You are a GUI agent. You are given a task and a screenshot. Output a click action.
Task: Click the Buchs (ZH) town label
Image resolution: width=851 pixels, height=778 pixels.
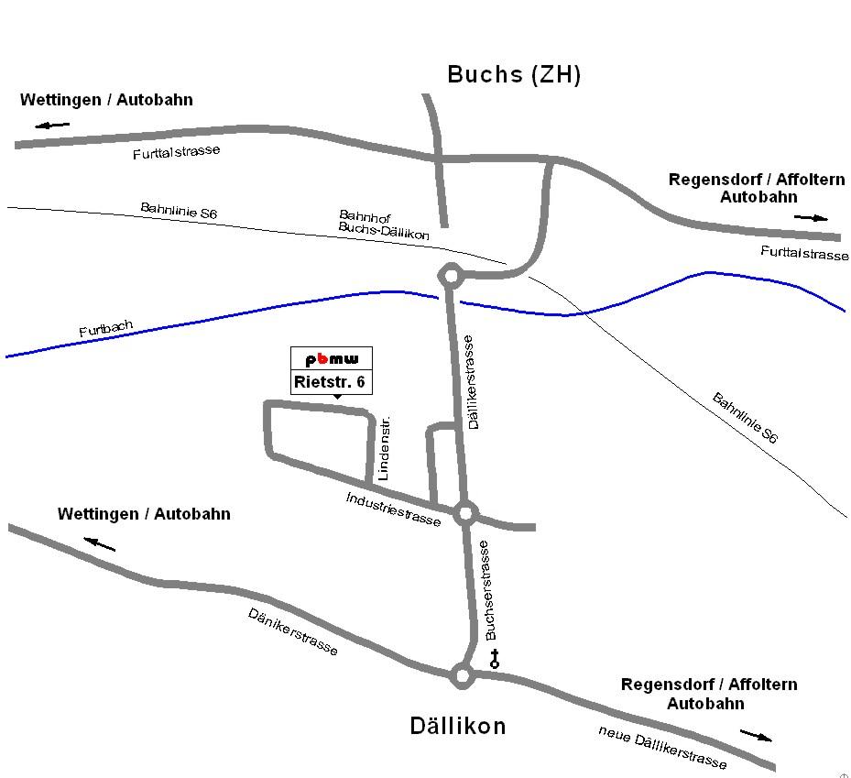click(x=513, y=75)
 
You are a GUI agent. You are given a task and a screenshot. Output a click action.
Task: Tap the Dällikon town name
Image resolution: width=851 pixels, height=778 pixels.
click(x=456, y=727)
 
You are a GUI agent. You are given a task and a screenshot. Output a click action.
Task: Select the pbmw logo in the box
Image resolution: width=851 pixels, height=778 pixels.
click(x=332, y=358)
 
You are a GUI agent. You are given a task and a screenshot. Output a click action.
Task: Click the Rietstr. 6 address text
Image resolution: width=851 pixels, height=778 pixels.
click(x=332, y=381)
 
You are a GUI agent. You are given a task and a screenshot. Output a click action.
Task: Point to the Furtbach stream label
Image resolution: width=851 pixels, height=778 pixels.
click(x=105, y=329)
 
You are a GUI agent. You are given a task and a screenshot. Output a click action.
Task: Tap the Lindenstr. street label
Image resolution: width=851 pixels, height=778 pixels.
click(x=384, y=449)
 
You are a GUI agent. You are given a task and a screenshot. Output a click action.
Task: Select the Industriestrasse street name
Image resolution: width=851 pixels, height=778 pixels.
click(x=393, y=509)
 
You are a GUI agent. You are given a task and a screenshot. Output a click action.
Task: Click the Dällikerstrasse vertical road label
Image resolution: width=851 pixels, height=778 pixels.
click(x=472, y=382)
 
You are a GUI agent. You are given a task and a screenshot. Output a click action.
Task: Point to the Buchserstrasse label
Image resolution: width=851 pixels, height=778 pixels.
click(x=488, y=589)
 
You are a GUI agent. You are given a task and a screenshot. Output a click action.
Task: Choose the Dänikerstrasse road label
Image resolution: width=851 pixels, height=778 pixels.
click(x=293, y=631)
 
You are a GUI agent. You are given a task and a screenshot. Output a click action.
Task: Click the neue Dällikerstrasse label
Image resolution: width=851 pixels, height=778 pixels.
click(x=662, y=747)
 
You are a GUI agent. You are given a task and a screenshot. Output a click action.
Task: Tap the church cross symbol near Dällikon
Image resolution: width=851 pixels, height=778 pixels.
click(x=495, y=658)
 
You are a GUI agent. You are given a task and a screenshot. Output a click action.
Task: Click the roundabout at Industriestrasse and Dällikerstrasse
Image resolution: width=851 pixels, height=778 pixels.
click(x=464, y=512)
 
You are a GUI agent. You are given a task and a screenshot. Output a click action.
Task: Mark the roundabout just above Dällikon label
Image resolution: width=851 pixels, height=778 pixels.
click(x=462, y=676)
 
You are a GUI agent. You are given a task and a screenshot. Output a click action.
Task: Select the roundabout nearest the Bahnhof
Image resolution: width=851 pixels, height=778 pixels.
click(x=450, y=275)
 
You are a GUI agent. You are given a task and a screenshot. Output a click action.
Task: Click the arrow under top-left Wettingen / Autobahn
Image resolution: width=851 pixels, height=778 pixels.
click(x=54, y=124)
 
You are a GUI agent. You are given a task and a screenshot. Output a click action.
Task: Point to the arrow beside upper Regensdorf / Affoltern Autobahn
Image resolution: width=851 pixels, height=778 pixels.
click(x=811, y=218)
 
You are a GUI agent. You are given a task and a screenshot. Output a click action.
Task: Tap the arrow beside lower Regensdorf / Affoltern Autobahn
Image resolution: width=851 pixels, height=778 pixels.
click(x=756, y=735)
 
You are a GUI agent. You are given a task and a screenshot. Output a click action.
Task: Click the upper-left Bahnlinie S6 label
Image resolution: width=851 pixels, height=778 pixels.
click(x=179, y=211)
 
